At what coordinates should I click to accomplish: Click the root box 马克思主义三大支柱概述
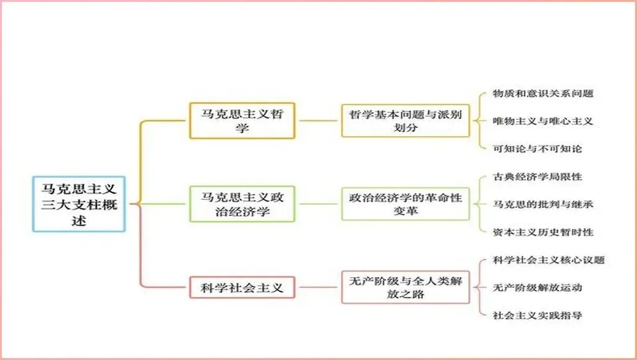79,204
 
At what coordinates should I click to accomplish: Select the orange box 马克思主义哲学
242,121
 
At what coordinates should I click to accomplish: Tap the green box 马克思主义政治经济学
242,204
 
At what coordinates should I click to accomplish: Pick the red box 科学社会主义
242,287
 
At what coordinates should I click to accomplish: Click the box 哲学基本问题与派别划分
406,121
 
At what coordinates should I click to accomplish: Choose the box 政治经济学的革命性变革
406,204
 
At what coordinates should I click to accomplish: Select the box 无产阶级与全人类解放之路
406,287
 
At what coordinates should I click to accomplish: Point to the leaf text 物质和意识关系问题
543,93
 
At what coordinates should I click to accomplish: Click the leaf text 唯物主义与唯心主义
543,121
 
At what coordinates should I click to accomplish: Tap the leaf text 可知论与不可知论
537,148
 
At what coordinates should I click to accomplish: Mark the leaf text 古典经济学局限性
537,176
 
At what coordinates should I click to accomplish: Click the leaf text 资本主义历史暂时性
543,232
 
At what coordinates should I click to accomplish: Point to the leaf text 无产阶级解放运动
537,287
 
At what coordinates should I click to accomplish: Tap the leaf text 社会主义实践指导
537,315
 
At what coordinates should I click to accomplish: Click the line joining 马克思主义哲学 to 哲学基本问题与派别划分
318,121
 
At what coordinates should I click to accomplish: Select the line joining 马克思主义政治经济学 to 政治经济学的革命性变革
318,204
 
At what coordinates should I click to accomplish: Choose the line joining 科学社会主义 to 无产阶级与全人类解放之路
318,287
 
